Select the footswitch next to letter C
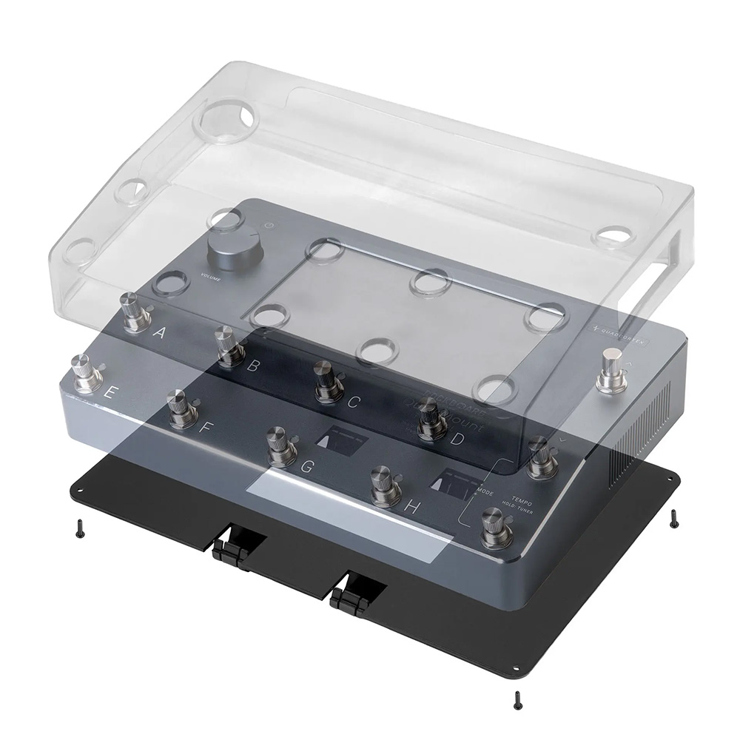(x=328, y=381)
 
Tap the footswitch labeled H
(x=385, y=485)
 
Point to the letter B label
(x=254, y=366)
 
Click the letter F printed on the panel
(x=206, y=427)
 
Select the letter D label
(x=457, y=440)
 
